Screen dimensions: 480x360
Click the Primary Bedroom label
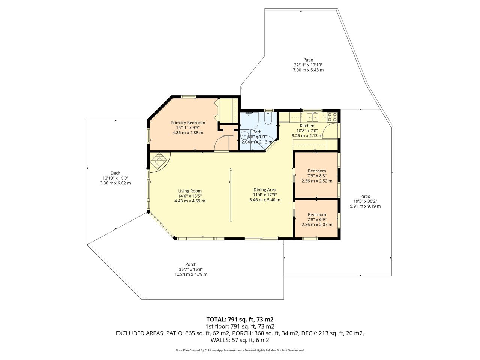187,123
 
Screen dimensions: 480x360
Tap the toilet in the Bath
268,118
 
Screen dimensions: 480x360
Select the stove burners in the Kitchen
332,117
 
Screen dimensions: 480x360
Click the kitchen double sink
312,117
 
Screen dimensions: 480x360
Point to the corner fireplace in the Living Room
159,162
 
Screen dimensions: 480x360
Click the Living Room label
190,191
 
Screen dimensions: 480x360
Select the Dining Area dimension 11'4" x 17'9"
265,195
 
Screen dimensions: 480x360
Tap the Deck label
115,173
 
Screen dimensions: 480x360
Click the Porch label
191,264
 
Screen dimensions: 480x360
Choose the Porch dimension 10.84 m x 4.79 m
191,274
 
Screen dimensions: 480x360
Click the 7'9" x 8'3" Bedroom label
317,171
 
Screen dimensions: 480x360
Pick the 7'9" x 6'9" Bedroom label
317,214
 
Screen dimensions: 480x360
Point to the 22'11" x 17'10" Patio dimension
308,65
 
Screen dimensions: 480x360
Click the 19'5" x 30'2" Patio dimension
365,201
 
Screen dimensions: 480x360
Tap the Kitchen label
307,126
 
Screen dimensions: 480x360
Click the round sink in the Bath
244,136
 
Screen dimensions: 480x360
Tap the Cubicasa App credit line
240,350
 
